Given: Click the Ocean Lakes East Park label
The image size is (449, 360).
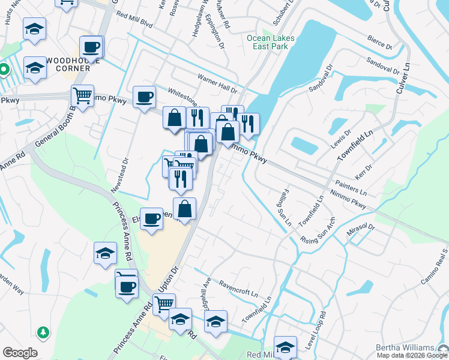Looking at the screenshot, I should point(271,42).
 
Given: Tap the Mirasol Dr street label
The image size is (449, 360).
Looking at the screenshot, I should point(360,232).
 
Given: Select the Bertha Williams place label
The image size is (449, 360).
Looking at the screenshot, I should point(405,347).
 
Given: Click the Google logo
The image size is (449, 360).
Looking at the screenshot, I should point(20,353).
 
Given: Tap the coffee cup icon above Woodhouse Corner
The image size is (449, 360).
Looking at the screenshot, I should point(91,47).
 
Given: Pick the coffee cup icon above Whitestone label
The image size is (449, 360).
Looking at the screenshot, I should point(145,97).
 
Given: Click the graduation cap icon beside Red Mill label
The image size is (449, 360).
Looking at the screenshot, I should point(285,347).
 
